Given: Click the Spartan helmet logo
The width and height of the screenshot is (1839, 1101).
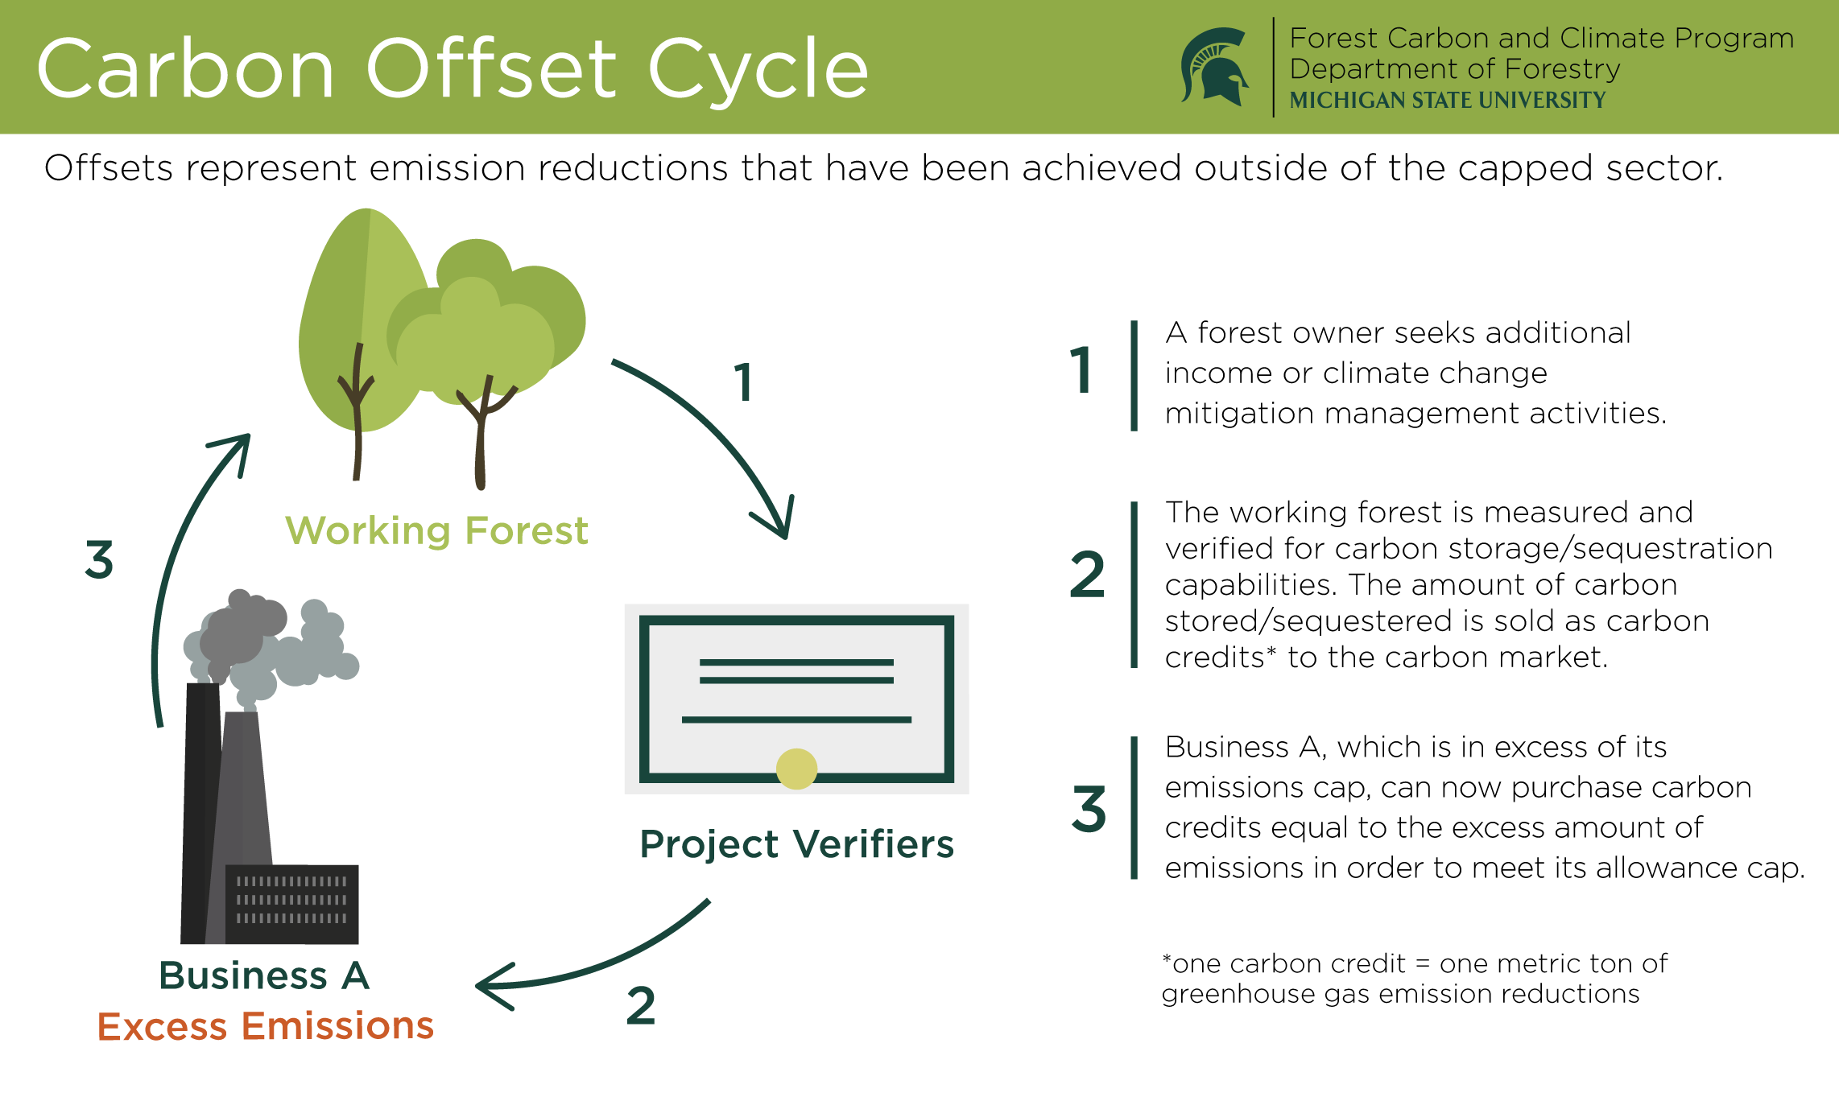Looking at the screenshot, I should point(1214,67).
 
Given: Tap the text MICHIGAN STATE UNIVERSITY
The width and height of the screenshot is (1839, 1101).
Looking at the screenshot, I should point(1447,101).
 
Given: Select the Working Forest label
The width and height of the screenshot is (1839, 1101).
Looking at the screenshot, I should point(436,531).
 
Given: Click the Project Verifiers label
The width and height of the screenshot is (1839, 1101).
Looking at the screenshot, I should point(796,844).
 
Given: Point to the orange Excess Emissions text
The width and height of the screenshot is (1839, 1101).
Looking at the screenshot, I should point(265,1026).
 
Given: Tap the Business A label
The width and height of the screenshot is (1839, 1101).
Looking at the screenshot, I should point(264,975).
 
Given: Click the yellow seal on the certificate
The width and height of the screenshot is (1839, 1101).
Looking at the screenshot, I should point(796,769).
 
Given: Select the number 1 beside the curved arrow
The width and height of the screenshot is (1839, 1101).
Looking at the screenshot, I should point(743,382).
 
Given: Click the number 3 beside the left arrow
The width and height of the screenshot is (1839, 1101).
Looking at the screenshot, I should point(99,559).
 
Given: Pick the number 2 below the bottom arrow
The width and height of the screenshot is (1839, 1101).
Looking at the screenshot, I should point(641,1005).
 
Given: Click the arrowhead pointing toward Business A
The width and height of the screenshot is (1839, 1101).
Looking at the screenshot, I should point(491,987).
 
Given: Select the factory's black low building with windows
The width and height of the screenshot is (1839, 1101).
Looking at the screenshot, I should point(291,904).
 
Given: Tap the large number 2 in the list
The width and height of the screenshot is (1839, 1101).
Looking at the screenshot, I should point(1087,575).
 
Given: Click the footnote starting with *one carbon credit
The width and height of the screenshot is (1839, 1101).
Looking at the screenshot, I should point(1414,979).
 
